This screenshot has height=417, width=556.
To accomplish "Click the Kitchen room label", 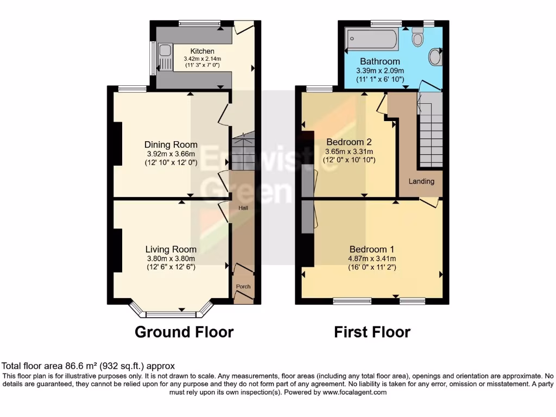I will pyautogui.click(x=194, y=52).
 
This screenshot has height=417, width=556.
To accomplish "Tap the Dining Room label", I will pyautogui.click(x=170, y=144).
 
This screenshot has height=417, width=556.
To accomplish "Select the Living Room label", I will pyautogui.click(x=170, y=249).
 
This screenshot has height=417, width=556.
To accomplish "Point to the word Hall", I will pyautogui.click(x=243, y=207).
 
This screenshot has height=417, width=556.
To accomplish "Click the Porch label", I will pyautogui.click(x=243, y=287).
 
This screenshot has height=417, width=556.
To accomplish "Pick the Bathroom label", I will pyautogui.click(x=378, y=61).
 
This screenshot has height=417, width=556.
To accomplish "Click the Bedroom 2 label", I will pyautogui.click(x=349, y=142).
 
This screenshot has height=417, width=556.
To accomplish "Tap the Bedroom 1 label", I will pyautogui.click(x=371, y=250).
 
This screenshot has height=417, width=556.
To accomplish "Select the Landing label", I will pyautogui.click(x=421, y=181).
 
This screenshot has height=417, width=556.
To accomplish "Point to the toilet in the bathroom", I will pyautogui.click(x=418, y=37).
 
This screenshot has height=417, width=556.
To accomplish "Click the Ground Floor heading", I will pyautogui.click(x=184, y=332).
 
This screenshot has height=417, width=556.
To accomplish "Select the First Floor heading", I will pyautogui.click(x=372, y=332).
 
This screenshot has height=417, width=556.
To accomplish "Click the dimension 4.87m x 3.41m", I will pyautogui.click(x=371, y=259).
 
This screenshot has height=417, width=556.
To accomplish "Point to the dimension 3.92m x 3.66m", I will pyautogui.click(x=170, y=154).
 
